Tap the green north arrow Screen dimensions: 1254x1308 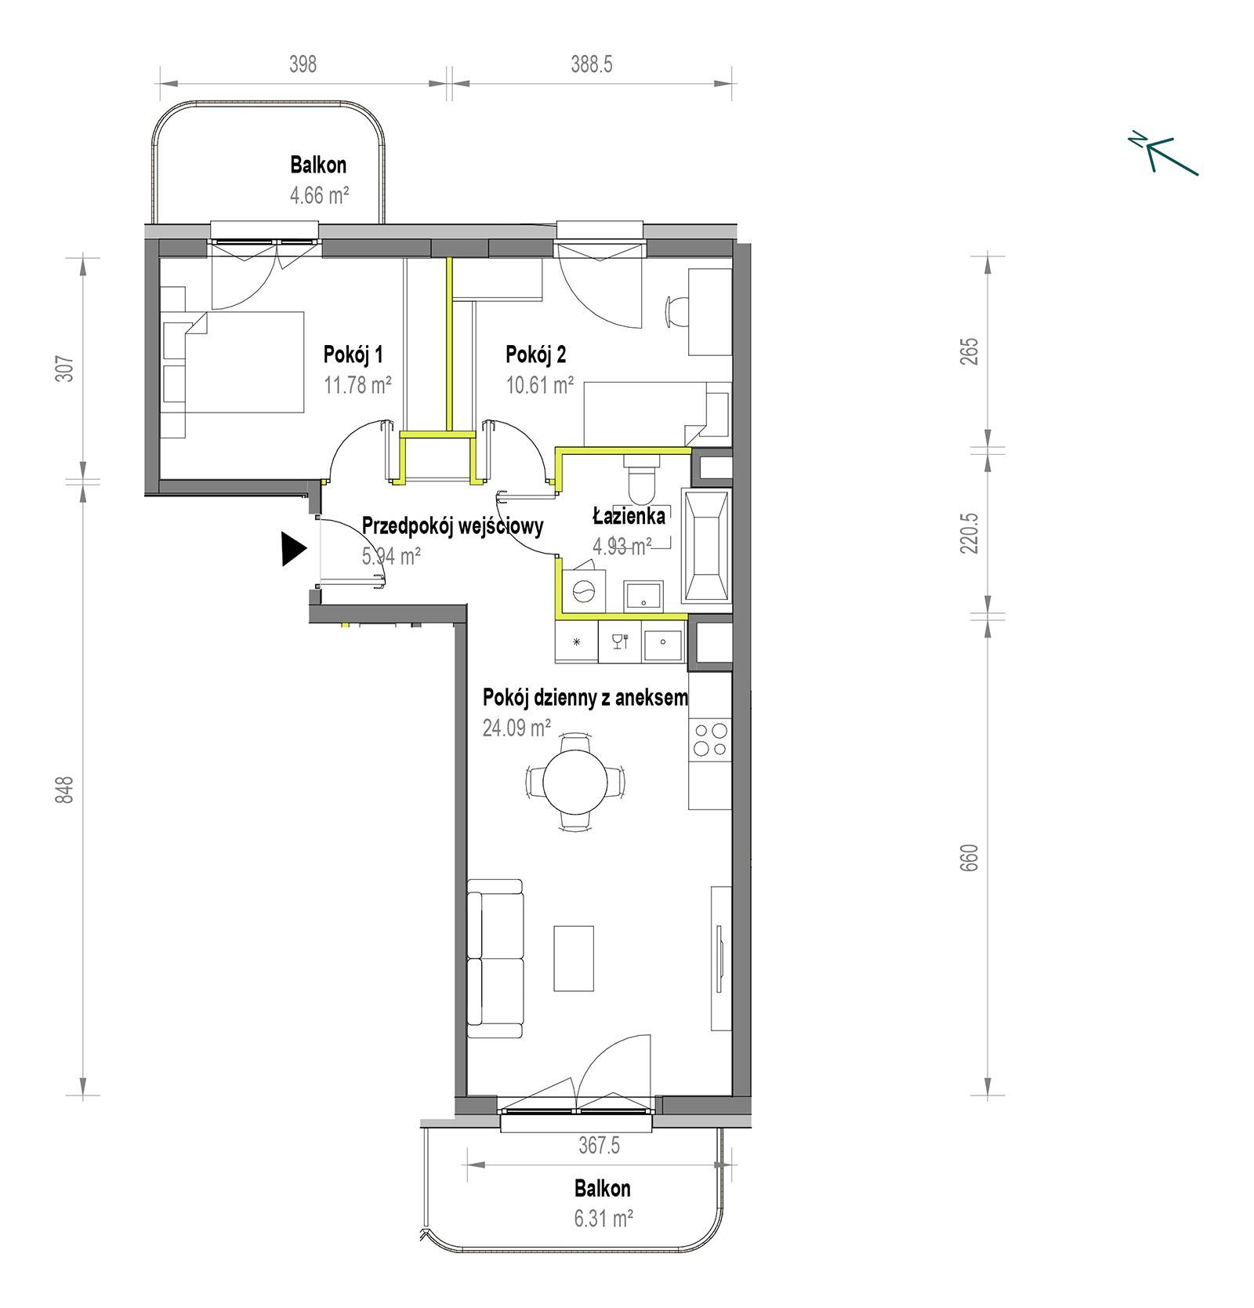[x=1165, y=152]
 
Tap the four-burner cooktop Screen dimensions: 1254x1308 [x=710, y=739]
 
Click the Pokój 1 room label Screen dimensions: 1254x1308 [x=353, y=354]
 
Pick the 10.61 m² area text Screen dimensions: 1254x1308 [x=539, y=385]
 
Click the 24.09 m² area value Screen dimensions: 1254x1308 [x=516, y=728]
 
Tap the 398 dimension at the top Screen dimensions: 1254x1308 [x=303, y=64]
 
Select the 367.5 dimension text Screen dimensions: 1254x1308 [x=599, y=1146]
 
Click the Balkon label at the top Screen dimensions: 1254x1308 [x=318, y=165]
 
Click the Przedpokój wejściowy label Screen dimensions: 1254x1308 [x=452, y=525]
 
